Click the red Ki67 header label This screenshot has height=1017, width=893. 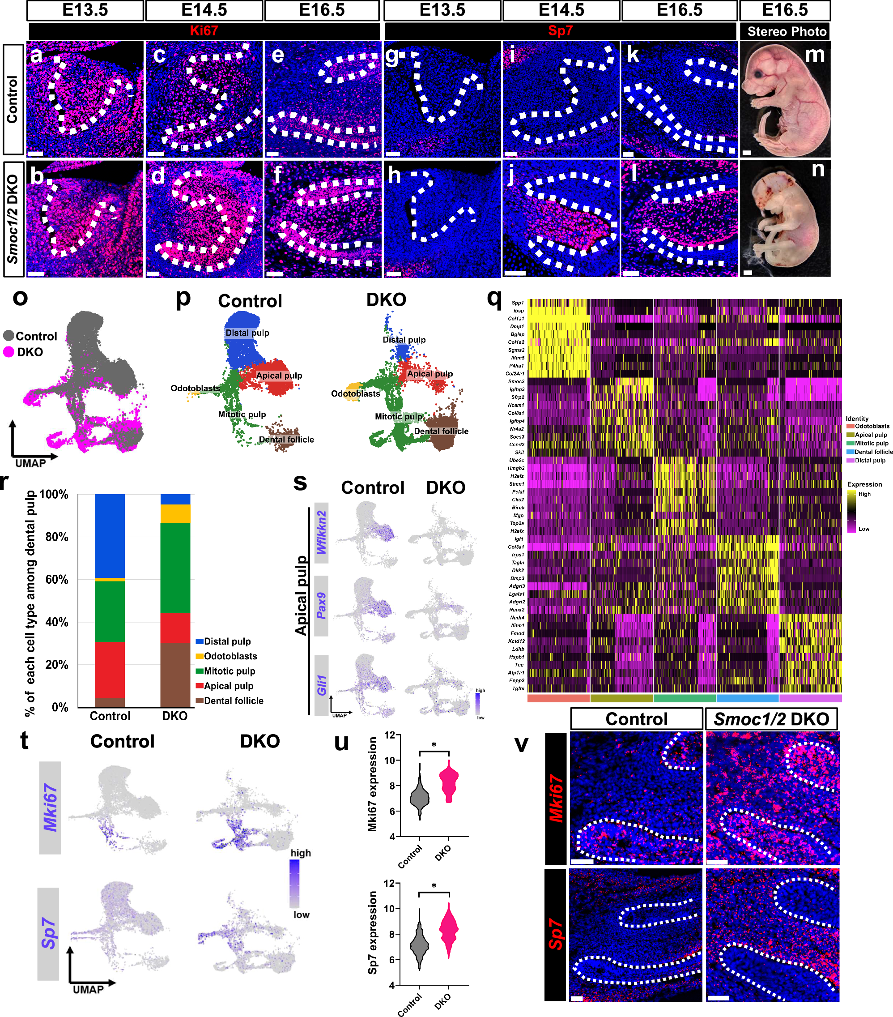tap(204, 31)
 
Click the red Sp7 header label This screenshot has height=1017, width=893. tap(561, 31)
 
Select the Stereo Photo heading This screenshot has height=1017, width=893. tap(787, 31)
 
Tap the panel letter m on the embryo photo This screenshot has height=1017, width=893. tap(814, 55)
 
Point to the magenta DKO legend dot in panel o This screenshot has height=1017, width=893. tap(9, 352)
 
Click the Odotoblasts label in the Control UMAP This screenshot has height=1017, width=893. tap(195, 388)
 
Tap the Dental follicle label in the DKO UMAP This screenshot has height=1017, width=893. tap(441, 432)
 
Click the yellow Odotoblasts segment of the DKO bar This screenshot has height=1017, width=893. tap(175, 513)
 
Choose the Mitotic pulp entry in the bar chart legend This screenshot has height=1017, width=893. tap(229, 671)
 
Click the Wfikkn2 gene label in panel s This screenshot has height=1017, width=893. tap(322, 532)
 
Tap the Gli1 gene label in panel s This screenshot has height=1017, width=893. tap(322, 685)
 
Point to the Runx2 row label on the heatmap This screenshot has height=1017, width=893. tap(517, 610)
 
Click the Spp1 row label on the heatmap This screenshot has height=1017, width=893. tap(517, 303)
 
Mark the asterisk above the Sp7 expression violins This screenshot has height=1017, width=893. tap(434, 886)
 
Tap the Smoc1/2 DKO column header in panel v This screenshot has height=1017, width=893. tap(771, 719)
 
